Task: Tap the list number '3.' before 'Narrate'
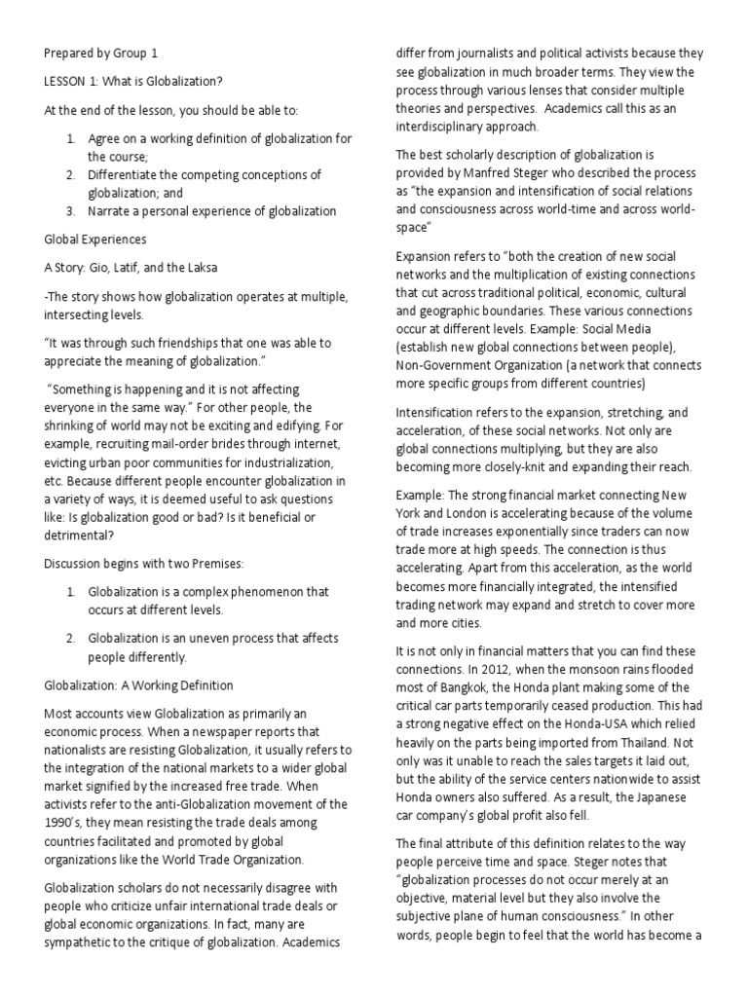(71, 210)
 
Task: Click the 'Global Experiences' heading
(95, 238)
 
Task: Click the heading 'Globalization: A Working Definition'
(139, 685)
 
